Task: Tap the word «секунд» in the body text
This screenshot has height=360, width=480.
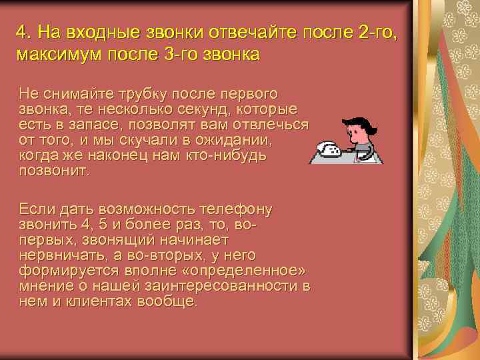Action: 201,109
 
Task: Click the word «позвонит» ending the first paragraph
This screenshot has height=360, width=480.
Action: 53,171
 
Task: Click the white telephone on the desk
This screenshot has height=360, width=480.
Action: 329,148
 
